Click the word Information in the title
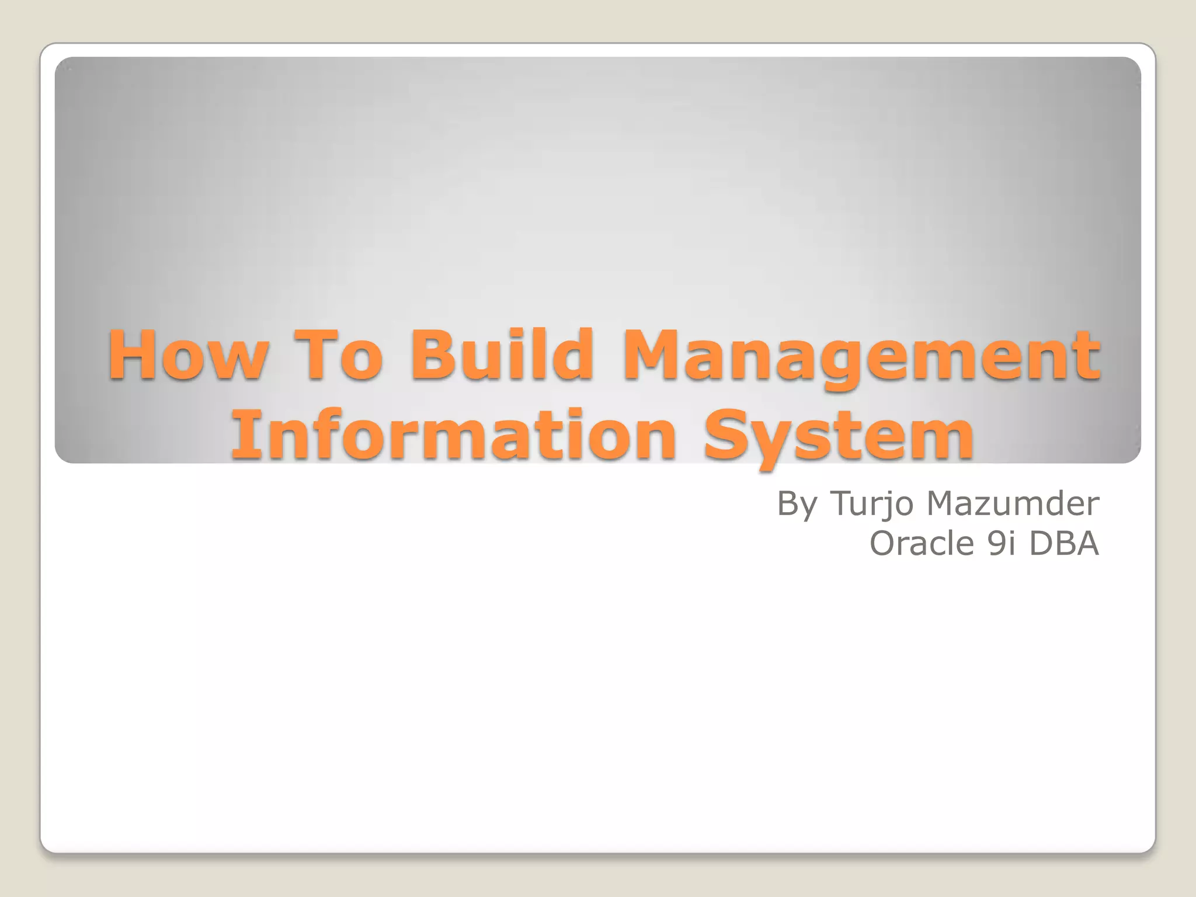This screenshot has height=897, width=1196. [454, 435]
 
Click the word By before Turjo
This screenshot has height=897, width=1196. [797, 503]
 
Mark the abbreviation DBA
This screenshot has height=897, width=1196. [1064, 543]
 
